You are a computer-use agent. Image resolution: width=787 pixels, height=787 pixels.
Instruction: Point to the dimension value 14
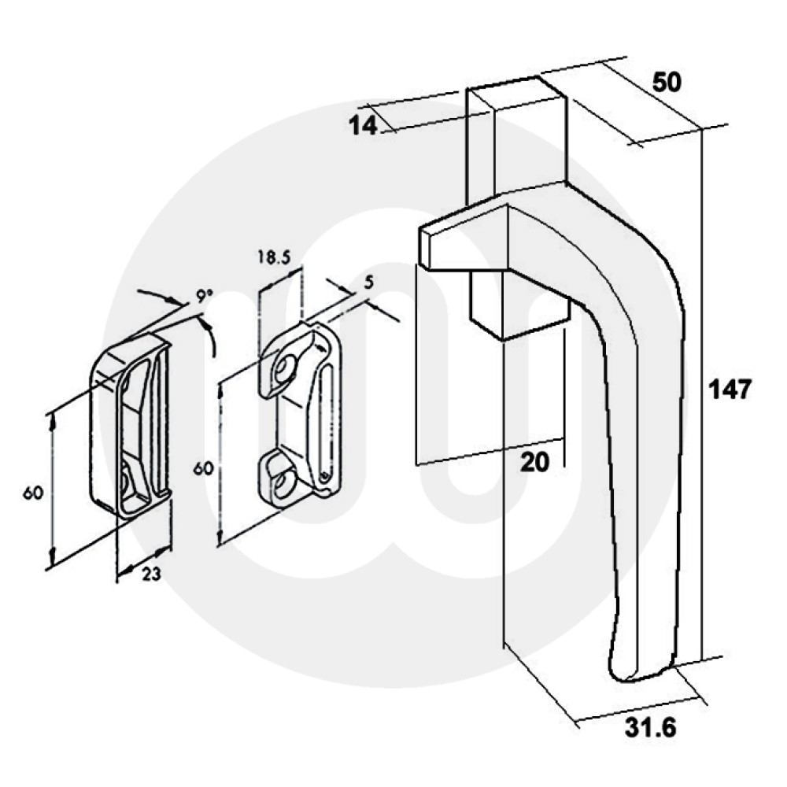pos(363,125)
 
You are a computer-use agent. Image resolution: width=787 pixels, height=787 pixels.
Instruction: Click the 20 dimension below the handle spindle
pos(535,464)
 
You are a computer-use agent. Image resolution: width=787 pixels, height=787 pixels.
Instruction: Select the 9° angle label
pos(204,297)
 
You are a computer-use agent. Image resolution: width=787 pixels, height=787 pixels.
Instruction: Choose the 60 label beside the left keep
pos(32,493)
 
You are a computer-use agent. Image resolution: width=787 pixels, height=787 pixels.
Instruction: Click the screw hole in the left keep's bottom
pos(127,477)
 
